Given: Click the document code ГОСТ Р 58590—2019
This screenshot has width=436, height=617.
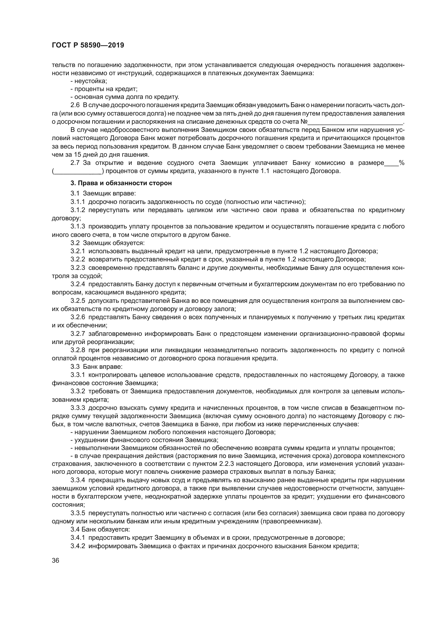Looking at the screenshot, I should click(88, 45).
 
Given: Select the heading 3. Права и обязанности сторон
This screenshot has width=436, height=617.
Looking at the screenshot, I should click(121, 183).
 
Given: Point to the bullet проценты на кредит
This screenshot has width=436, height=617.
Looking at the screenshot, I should click(104, 89).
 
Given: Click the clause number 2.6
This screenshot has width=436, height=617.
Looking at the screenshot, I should click(75, 105).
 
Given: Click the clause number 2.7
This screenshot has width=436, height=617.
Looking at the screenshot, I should click(75, 163).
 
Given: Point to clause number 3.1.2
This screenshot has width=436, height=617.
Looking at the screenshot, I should click(77, 210).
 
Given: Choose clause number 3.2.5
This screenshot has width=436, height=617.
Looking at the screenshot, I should click(77, 301).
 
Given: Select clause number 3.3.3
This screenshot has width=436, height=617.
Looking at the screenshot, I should click(77, 408).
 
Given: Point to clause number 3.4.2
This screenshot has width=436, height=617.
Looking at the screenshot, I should click(77, 546).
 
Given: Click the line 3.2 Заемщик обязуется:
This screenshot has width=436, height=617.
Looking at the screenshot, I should click(107, 243).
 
